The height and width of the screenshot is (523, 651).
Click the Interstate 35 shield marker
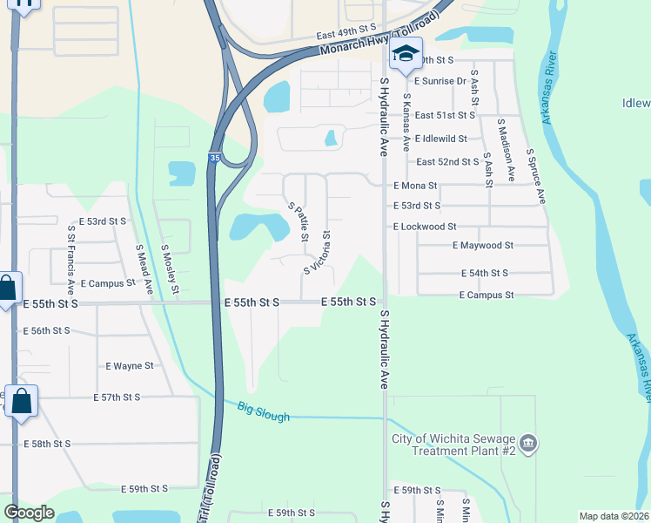[x=214, y=158]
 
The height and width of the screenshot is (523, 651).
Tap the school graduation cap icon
[x=406, y=55]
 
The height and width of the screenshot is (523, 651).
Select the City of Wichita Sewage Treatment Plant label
[x=454, y=445]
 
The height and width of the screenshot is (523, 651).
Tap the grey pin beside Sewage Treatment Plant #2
[x=529, y=445]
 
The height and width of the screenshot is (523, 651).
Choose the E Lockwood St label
[x=425, y=227]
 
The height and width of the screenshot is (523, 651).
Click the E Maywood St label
[x=483, y=246]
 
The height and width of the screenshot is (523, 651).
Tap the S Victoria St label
[x=316, y=252]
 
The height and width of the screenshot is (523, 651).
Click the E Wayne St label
[x=129, y=366]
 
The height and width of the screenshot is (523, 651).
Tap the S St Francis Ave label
[x=71, y=256]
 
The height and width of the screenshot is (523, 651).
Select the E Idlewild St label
[x=441, y=139]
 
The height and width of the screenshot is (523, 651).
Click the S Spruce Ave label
[x=534, y=175]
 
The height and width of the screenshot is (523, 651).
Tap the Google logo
[x=30, y=513]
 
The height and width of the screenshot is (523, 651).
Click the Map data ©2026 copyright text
[x=614, y=516]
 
